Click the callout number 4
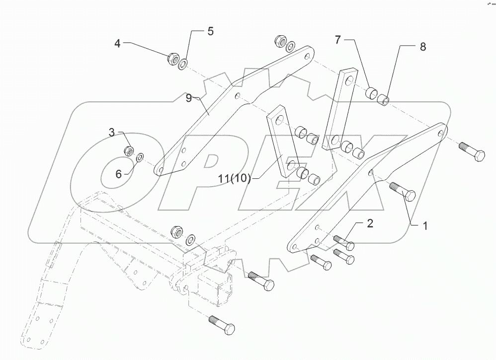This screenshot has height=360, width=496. point(117,44)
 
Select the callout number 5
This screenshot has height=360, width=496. point(210,32)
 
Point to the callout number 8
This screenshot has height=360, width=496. point(422,47)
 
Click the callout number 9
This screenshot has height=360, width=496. point(189,98)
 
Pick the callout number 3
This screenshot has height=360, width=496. point(112,133)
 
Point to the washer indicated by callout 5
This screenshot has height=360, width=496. point(183,64)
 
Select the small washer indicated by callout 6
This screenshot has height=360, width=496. point(140,157)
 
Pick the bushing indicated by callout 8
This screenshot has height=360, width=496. point(382,101)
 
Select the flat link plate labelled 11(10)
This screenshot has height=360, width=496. point(282,144)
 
